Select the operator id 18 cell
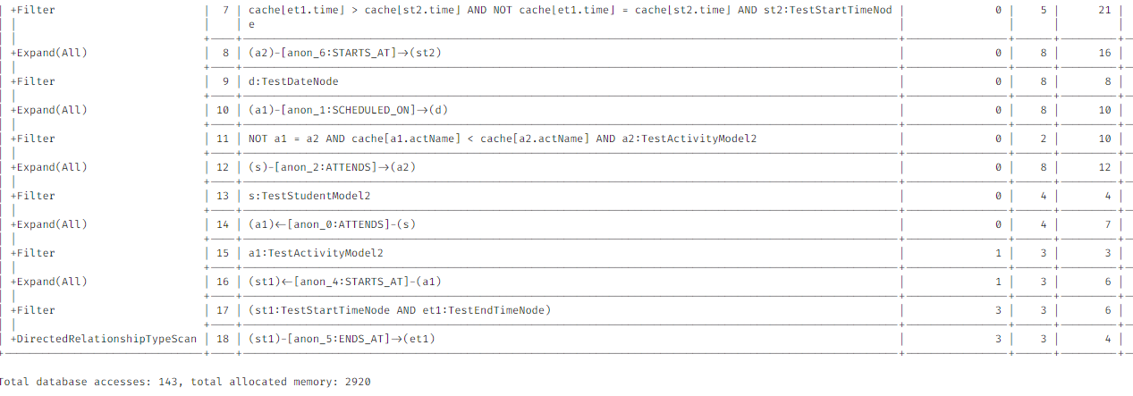click(223, 339)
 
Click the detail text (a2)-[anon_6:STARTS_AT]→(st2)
click(344, 53)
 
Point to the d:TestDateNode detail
click(293, 81)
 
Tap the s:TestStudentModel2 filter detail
click(309, 196)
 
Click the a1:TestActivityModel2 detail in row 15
click(316, 253)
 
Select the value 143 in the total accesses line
click(168, 382)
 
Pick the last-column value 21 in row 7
click(1104, 10)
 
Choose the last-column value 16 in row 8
click(1104, 53)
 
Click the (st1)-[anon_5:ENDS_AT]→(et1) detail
click(342, 339)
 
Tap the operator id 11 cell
click(223, 139)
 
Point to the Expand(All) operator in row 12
click(48, 167)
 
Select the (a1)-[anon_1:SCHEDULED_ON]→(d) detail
click(348, 110)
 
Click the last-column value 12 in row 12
click(1104, 167)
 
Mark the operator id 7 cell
click(225, 10)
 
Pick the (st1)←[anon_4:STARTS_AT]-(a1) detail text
click(344, 282)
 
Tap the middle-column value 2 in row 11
click(1043, 139)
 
